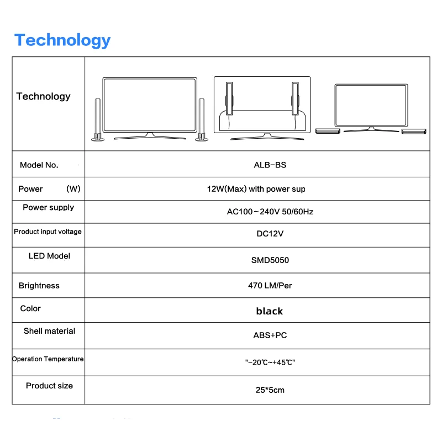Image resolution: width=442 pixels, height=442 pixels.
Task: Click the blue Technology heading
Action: click(62, 40)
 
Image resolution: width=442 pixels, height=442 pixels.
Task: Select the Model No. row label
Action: click(39, 165)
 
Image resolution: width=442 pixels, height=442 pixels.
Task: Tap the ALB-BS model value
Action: click(270, 165)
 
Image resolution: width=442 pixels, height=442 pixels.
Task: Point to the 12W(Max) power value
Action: click(256, 189)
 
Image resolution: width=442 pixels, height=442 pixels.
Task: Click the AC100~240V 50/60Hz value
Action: click(270, 212)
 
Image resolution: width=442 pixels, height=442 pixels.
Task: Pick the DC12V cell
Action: click(270, 234)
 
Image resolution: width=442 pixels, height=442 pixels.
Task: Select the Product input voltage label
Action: click(48, 231)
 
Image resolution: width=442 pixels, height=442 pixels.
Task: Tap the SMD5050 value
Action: click(270, 260)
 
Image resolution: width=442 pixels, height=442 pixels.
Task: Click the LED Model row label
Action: click(49, 256)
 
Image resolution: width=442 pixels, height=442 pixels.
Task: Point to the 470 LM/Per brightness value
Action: click(270, 286)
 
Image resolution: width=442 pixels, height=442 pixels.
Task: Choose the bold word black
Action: click(270, 311)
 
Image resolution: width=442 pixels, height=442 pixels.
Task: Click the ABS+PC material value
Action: click(270, 335)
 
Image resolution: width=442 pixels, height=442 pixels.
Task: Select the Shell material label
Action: click(49, 331)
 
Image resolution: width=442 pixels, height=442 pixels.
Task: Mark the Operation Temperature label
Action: click(48, 359)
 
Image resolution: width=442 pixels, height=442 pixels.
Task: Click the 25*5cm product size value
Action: click(270, 390)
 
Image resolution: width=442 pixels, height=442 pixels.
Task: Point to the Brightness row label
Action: click(39, 286)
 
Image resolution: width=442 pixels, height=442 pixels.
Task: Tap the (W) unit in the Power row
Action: click(73, 189)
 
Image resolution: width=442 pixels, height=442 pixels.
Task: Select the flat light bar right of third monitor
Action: click(414, 131)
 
